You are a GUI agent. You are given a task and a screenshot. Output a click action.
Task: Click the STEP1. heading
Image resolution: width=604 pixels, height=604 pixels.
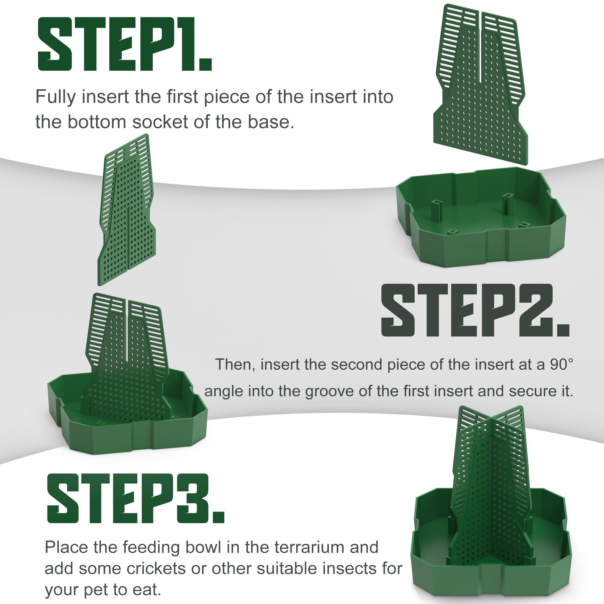coord(125,44)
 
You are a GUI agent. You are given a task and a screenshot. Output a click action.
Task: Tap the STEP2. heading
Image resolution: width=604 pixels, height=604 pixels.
coord(475,310)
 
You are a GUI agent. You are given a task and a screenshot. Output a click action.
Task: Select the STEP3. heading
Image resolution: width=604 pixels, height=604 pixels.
coord(136,498)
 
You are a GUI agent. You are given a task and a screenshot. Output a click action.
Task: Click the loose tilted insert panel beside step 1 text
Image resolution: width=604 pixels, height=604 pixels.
coord(127,209)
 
